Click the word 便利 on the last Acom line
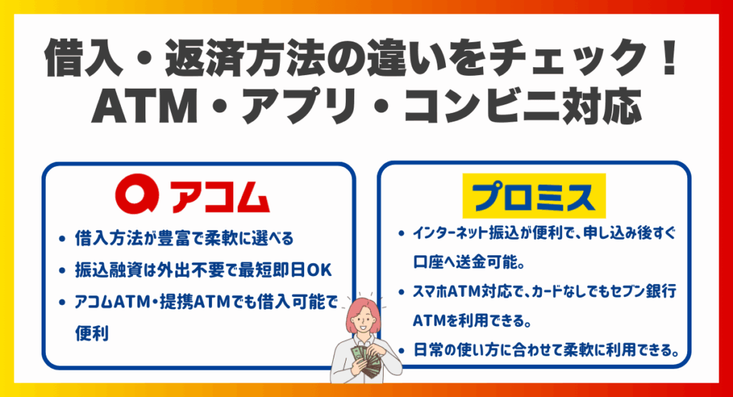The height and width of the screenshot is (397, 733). click(x=91, y=333)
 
